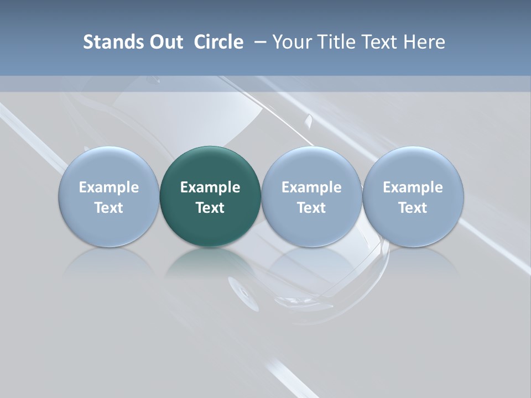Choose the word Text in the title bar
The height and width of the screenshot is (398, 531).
click(x=378, y=42)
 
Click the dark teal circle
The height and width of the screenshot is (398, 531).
click(x=210, y=166)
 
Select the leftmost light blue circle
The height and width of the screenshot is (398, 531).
click(x=108, y=166)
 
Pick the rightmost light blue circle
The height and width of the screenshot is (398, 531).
click(x=413, y=166)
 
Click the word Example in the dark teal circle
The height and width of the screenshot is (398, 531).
click(x=210, y=187)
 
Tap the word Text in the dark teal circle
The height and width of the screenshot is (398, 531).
click(x=210, y=208)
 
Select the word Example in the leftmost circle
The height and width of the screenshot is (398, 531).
click(x=108, y=187)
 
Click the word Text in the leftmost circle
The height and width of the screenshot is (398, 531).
click(x=108, y=208)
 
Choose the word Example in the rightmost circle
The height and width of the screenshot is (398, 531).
click(x=413, y=187)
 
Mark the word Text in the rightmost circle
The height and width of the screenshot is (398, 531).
click(x=413, y=208)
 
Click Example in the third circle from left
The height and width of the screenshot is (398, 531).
click(x=311, y=187)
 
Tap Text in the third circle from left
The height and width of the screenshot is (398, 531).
click(x=311, y=208)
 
